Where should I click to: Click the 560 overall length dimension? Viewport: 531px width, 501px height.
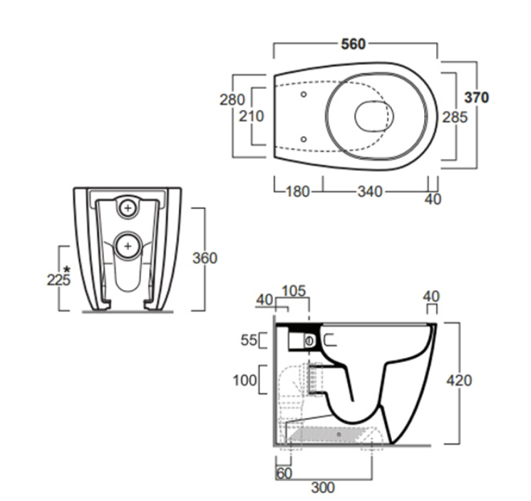(x=354, y=44)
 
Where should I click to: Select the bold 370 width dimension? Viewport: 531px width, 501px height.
(x=477, y=98)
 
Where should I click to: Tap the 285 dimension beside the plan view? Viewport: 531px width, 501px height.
(x=455, y=117)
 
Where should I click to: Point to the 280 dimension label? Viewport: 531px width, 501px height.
(x=232, y=100)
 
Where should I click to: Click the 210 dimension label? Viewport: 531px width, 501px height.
(x=252, y=116)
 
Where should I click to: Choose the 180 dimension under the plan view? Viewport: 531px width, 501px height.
(x=298, y=192)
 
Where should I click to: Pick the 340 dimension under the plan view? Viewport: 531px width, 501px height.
(x=370, y=192)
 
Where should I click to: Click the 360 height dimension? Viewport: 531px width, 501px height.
(x=205, y=258)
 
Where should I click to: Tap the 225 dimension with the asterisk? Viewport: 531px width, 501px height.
(x=58, y=280)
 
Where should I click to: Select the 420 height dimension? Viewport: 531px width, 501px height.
(x=459, y=381)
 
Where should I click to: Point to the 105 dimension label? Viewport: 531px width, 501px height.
(x=294, y=291)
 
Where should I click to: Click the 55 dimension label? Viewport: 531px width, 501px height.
(x=249, y=340)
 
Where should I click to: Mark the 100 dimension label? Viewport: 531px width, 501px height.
(x=244, y=381)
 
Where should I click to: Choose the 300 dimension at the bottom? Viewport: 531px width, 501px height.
(x=323, y=487)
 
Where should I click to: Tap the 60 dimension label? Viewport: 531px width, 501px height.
(x=284, y=474)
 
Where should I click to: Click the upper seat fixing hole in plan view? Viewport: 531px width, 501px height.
(x=304, y=95)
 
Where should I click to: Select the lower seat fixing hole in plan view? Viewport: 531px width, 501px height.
(x=304, y=139)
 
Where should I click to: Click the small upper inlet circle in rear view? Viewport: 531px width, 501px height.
(x=128, y=208)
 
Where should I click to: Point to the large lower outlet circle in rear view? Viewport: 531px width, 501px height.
(x=128, y=246)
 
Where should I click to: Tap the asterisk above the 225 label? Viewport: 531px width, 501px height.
(x=67, y=269)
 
